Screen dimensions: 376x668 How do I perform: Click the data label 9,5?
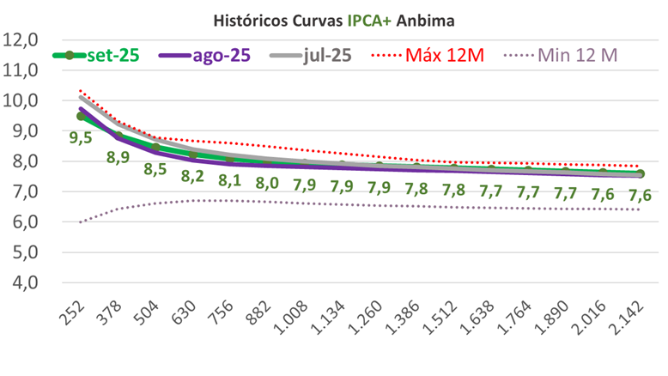coord(81,138)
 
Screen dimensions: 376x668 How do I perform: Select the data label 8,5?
coord(155,168)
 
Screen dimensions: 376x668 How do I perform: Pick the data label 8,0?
coord(267,184)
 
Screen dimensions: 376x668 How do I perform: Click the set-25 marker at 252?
coord(81,116)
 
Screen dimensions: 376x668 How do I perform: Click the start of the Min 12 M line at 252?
coord(81,221)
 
